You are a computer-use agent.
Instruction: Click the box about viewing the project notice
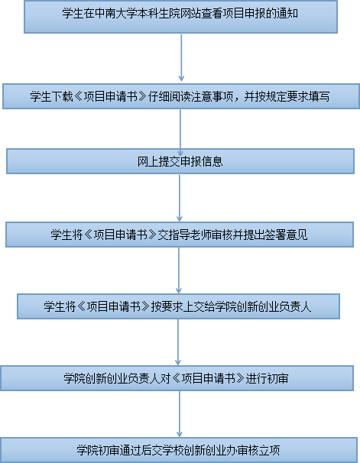pyautogui.click(x=180, y=17)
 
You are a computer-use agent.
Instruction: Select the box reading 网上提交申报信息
pyautogui.click(x=180, y=161)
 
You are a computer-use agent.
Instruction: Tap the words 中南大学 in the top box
pyautogui.click(x=115, y=14)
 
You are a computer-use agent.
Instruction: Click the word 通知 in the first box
pyautogui.click(x=287, y=14)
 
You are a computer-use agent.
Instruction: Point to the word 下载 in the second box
pyautogui.click(x=62, y=96)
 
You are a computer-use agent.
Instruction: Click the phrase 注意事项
pyautogui.click(x=212, y=96)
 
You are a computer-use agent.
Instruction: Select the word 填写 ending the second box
pyautogui.click(x=319, y=96)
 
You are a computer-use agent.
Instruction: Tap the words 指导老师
pyautogui.click(x=190, y=235)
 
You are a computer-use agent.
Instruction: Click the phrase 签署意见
pyautogui.click(x=286, y=235)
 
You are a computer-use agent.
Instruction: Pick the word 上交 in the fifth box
pyautogui.click(x=193, y=307)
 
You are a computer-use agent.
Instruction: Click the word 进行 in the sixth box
pyautogui.click(x=256, y=378)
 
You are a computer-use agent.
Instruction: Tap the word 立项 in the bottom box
pyautogui.click(x=269, y=450)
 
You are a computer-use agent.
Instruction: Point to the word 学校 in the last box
pyautogui.click(x=162, y=450)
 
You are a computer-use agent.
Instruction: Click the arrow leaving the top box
pyautogui.click(x=181, y=57)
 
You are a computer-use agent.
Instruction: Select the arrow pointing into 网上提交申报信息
pyautogui.click(x=180, y=133)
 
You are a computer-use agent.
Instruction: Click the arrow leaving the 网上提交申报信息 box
pyautogui.click(x=180, y=198)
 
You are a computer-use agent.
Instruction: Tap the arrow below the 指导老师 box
pyautogui.click(x=178, y=270)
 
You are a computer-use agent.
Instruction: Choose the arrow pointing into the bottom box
pyautogui.click(x=180, y=414)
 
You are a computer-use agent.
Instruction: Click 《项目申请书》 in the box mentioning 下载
pyautogui.click(x=111, y=96)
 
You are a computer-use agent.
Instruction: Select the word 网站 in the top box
pyautogui.click(x=190, y=14)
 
